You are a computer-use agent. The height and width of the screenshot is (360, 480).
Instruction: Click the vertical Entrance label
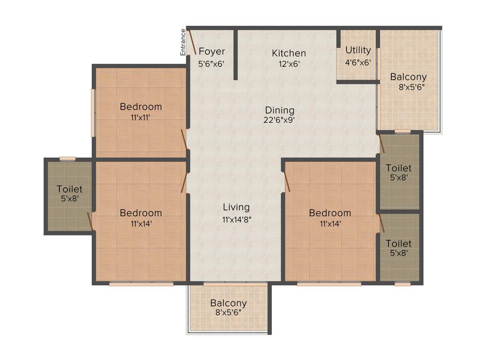(x=183, y=42)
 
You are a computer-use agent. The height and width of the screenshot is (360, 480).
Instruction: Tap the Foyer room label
(x=212, y=51)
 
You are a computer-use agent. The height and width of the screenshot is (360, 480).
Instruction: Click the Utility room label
(x=358, y=50)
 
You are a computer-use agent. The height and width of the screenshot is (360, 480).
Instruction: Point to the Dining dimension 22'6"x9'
(x=280, y=120)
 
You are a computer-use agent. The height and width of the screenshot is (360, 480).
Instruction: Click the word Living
(x=236, y=207)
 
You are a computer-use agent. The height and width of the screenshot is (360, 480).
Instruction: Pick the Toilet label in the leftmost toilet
(x=69, y=189)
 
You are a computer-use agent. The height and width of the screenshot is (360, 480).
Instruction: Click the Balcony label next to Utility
(x=408, y=77)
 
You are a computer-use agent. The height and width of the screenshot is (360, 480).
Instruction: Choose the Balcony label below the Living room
(x=228, y=303)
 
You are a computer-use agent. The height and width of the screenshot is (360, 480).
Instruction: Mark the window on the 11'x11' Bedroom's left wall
(x=93, y=113)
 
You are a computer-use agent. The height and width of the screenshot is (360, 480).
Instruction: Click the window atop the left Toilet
(x=67, y=158)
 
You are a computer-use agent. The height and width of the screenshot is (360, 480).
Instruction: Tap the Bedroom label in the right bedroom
(x=330, y=213)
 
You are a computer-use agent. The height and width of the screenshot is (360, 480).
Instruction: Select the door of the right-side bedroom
(x=286, y=182)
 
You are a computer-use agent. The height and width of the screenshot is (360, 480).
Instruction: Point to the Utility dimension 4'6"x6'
(x=358, y=61)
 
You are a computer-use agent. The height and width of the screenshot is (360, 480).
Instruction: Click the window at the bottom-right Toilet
(x=402, y=284)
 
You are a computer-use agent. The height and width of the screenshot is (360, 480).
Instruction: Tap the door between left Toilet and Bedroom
(x=91, y=221)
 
